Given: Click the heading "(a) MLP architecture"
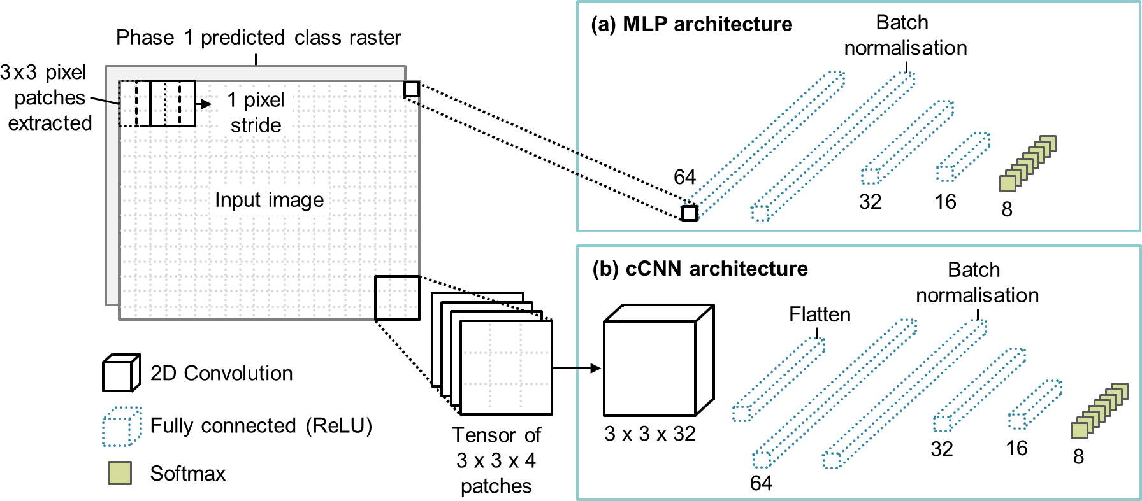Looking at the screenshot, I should tap(691, 24).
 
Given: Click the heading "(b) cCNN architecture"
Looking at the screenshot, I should tap(700, 269).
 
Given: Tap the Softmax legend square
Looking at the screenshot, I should tap(120, 473).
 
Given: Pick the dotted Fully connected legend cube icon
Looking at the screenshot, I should tap(121, 426).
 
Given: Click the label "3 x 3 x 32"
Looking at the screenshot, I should tap(650, 434).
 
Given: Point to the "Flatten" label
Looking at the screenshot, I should tap(820, 314).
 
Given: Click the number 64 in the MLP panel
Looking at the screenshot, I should tap(684, 176).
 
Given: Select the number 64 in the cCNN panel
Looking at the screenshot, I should tap(761, 483).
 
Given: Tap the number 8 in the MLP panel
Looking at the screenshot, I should tap(1007, 209).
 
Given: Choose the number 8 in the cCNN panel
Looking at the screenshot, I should tap(1078, 456).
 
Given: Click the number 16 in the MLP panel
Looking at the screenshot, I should tap(945, 202).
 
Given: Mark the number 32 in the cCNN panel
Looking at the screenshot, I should tap(942, 449).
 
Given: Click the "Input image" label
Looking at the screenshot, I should tap(269, 200).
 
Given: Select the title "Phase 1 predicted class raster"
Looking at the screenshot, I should tap(258, 38).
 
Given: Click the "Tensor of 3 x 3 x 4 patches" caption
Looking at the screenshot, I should tap(496, 460).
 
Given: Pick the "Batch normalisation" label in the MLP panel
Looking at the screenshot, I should tap(905, 36).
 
